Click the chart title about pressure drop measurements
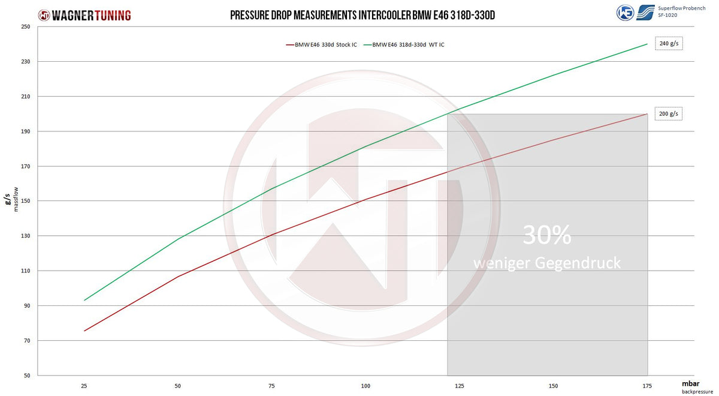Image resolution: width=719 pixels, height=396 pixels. [x=362, y=15]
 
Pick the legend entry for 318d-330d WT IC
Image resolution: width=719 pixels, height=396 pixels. [x=407, y=45]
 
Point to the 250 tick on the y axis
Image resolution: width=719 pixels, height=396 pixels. [x=25, y=27]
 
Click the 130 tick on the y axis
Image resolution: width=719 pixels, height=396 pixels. [x=25, y=236]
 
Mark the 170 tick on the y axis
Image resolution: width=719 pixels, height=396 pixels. [x=25, y=166]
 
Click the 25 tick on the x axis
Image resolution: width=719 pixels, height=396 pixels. [x=84, y=385]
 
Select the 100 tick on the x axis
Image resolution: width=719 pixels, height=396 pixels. [x=365, y=385]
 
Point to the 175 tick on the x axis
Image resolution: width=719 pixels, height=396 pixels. [x=647, y=385]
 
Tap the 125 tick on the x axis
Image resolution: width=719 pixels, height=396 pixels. [x=460, y=385]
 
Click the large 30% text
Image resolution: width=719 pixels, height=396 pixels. [x=546, y=236]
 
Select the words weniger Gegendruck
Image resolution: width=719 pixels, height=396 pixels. [x=546, y=263]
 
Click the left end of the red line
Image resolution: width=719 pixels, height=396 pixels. [x=84, y=331]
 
